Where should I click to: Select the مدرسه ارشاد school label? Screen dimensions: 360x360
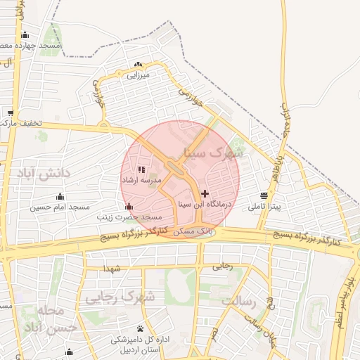pyautogui.click(x=142, y=181)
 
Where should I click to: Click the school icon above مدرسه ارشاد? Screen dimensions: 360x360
pyautogui.click(x=141, y=169)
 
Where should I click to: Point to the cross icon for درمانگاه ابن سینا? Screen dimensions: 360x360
pyautogui.click(x=205, y=193)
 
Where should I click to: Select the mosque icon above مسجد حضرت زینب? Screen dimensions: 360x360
pyautogui.click(x=128, y=207)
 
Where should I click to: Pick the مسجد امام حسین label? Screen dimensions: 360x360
pyautogui.click(x=60, y=207)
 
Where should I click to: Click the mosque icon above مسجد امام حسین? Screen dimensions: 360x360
pyautogui.click(x=60, y=196)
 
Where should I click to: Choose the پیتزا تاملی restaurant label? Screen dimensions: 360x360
pyautogui.click(x=264, y=207)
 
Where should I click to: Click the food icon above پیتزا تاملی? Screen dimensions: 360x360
pyautogui.click(x=264, y=195)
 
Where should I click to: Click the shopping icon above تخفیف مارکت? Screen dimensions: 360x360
pyautogui.click(x=11, y=112)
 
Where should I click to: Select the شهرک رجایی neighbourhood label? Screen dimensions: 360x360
pyautogui.click(x=119, y=298)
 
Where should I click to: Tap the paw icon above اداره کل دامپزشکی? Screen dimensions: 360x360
pyautogui.click(x=141, y=328)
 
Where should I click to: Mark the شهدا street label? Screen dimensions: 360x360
pyautogui.click(x=112, y=269)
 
